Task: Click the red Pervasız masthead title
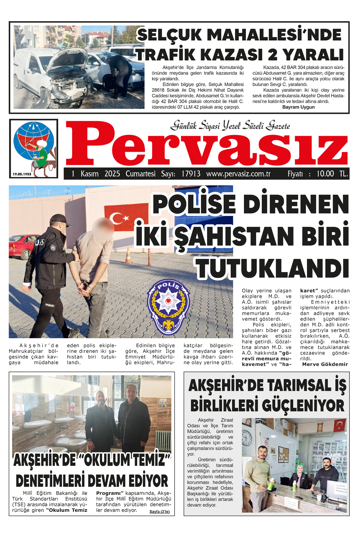[207, 145]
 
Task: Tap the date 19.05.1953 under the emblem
[22, 174]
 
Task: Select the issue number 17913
[191, 174]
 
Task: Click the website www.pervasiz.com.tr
[238, 174]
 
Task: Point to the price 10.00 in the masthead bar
[325, 174]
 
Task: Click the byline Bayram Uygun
[298, 107]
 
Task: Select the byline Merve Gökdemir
[325, 364]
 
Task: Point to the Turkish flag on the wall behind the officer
[126, 217]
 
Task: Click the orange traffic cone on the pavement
[128, 256]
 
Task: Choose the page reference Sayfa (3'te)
[159, 512]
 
